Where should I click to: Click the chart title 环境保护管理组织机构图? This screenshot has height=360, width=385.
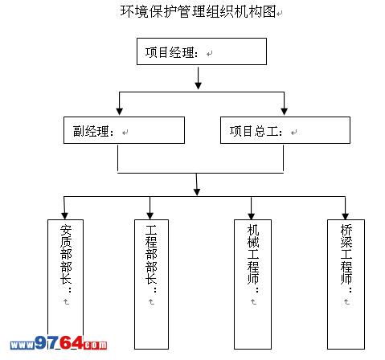point(199,11)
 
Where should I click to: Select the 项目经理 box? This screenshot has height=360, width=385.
point(202,51)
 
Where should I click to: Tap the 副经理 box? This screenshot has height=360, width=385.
point(124,130)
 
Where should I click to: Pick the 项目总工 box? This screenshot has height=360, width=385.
point(285,130)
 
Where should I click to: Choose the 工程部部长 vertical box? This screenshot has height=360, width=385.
point(151,284)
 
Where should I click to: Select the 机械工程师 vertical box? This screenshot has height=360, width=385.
point(252,284)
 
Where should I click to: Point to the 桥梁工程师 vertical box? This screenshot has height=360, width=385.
point(346,284)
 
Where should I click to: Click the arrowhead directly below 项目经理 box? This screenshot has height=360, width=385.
point(198,85)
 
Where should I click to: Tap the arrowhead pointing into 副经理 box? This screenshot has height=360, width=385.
point(120,112)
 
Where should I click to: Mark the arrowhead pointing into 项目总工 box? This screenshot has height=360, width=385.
point(284,112)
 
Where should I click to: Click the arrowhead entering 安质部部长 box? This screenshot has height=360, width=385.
point(64,215)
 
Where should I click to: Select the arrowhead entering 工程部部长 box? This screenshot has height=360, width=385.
point(150,215)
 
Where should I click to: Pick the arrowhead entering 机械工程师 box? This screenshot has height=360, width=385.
point(251,215)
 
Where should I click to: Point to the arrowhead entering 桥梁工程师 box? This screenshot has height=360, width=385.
point(346,215)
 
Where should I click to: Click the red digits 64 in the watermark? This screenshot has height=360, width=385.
point(71,342)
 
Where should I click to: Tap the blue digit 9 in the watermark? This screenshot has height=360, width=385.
point(41,342)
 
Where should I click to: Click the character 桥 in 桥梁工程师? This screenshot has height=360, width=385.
point(346,230)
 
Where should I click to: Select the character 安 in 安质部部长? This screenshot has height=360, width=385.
point(66,230)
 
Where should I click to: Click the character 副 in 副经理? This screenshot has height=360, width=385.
point(79,131)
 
